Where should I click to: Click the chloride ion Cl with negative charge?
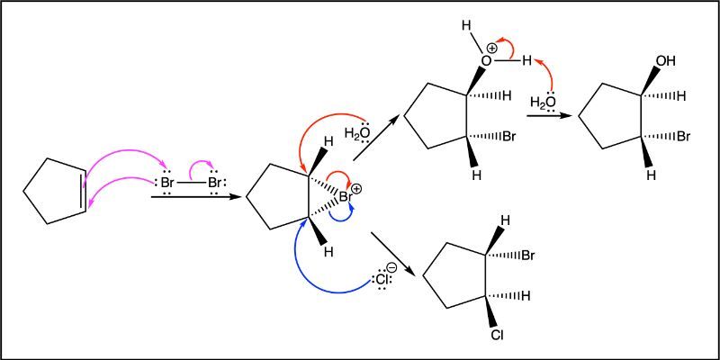coord(382,278)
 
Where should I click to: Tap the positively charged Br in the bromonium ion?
coord(345,197)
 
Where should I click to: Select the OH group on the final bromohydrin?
coord(667,60)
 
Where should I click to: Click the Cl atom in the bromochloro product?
coord(497,336)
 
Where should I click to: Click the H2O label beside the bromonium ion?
coord(357,133)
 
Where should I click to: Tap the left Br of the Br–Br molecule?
coord(167,184)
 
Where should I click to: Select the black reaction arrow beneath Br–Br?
coord(196,197)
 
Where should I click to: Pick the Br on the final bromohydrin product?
coord(683,137)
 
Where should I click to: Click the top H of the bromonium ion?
coord(327,141)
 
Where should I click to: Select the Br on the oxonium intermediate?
coord(508,137)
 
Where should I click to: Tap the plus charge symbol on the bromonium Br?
coord(356,189)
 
